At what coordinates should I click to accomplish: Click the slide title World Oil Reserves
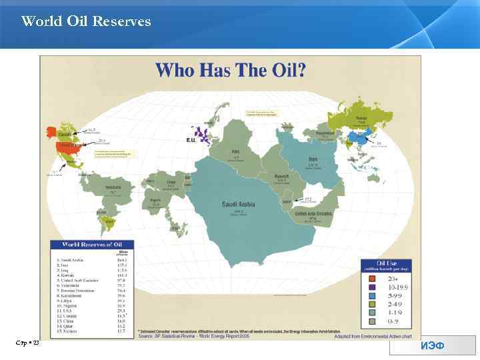tap(86, 21)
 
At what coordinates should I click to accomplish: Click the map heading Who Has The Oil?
tap(231, 70)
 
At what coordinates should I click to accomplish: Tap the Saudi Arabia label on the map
tap(239, 205)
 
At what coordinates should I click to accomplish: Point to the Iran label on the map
tap(313, 159)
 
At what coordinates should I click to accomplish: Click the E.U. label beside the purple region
tap(191, 140)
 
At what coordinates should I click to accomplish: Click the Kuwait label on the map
tap(281, 177)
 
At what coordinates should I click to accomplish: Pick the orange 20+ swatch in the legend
tap(372, 278)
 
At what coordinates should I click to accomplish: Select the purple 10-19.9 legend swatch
tap(372, 287)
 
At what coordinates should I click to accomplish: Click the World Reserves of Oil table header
tap(91, 245)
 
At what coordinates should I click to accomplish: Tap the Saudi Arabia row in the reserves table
tap(73, 260)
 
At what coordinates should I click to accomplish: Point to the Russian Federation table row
tap(79, 291)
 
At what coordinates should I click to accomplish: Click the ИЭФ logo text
tap(433, 345)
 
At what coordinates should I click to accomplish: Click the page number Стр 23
tap(27, 342)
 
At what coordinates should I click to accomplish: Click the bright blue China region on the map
tap(360, 139)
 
